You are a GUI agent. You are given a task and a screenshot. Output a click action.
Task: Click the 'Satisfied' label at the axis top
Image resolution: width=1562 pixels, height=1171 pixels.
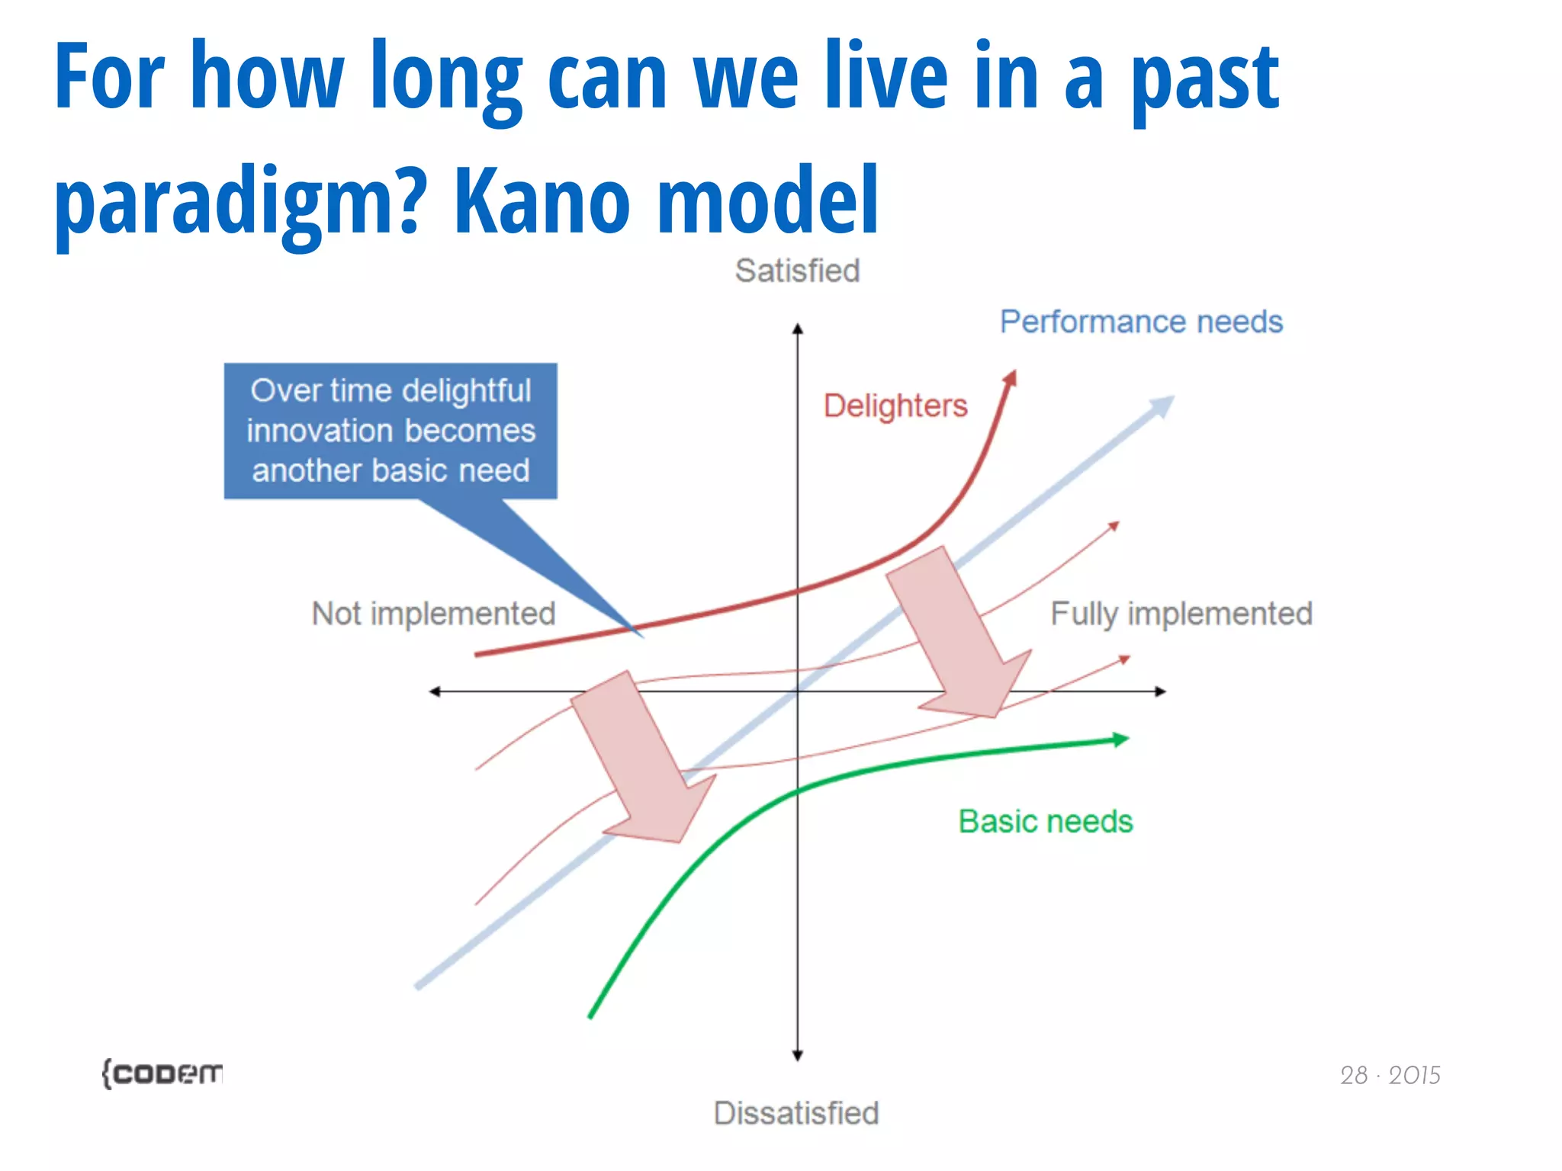(797, 271)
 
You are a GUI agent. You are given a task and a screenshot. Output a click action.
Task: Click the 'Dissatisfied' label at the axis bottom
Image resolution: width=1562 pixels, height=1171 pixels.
(796, 1113)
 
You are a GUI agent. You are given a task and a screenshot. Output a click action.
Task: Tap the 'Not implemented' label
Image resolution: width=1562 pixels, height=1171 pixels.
(433, 614)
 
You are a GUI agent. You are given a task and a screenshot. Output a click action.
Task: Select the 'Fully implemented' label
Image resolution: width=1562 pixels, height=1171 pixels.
(1181, 614)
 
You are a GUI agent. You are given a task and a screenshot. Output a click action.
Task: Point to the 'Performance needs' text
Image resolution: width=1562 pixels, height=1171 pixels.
(1141, 322)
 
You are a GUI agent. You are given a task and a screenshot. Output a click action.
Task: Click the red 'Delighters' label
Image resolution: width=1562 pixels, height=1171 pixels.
(895, 406)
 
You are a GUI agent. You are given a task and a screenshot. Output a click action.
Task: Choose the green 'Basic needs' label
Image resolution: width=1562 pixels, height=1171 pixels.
(1045, 822)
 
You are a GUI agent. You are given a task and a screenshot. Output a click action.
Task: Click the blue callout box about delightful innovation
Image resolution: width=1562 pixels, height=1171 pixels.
(390, 432)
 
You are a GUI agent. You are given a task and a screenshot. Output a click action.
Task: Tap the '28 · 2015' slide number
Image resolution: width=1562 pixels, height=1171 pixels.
(1390, 1075)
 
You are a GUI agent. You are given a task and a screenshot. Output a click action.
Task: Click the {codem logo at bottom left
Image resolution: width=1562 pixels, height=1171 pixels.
(162, 1073)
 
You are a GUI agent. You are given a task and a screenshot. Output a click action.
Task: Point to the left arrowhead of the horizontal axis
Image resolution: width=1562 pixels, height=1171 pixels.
(435, 691)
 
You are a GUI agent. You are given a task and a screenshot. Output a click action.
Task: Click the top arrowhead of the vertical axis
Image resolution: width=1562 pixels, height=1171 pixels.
(798, 329)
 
